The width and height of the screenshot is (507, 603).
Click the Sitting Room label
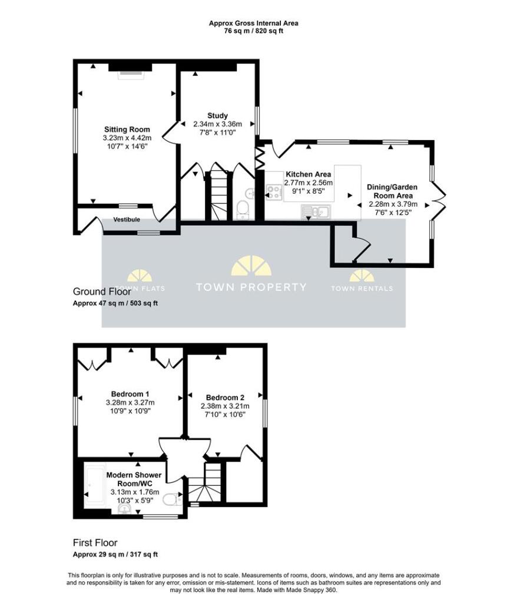pyautogui.click(x=127, y=130)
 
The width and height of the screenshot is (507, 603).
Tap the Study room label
pyautogui.click(x=218, y=115)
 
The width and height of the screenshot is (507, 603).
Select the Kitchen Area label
pyautogui.click(x=308, y=174)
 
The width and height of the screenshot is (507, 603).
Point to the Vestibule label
pyautogui.click(x=127, y=220)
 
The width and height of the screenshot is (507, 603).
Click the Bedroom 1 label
pyautogui.click(x=130, y=394)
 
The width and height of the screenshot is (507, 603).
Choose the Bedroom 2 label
pyautogui.click(x=225, y=397)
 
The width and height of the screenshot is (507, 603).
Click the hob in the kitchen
pyautogui.click(x=273, y=193)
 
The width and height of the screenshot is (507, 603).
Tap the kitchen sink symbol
pyautogui.click(x=316, y=211)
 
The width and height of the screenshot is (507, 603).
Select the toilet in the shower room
pyautogui.click(x=171, y=499)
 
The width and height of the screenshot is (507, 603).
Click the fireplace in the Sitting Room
pyautogui.click(x=131, y=75)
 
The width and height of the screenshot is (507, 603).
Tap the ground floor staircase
pyautogui.click(x=218, y=196)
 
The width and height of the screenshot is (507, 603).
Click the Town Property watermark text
pyautogui.click(x=251, y=287)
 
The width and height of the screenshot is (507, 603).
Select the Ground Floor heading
pyautogui.click(x=102, y=291)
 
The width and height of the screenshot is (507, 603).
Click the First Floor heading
pyautogui.click(x=95, y=543)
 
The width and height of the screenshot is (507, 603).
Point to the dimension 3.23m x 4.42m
pyautogui.click(x=127, y=138)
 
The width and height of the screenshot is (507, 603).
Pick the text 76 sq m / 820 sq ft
pyautogui.click(x=253, y=31)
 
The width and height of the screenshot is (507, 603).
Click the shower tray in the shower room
pyautogui.click(x=95, y=485)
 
